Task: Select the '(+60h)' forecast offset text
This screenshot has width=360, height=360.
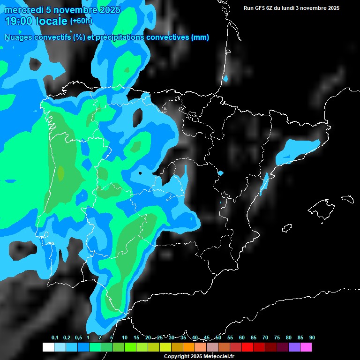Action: click(81, 21)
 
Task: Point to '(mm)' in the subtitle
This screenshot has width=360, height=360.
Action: click(200, 37)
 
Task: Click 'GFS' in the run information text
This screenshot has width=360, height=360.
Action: click(260, 8)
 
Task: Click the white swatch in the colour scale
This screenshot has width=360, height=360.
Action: click(48, 347)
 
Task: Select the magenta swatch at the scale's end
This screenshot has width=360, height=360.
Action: click(306, 347)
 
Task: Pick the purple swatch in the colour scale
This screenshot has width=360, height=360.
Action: click(294, 347)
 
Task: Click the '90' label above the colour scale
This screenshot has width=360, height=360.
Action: click(312, 337)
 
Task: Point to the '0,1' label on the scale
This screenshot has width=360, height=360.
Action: click(55, 337)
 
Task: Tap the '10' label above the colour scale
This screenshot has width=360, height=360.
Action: click(125, 337)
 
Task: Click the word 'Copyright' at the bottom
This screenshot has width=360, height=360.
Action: click(176, 356)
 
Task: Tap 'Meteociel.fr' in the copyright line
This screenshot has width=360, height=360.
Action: click(218, 356)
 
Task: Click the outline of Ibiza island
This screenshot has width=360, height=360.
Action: click(287, 228)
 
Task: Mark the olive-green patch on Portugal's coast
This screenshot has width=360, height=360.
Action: click(60, 172)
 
